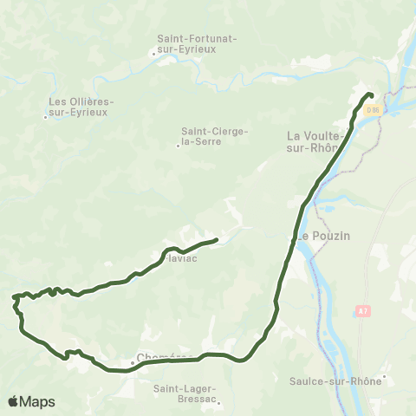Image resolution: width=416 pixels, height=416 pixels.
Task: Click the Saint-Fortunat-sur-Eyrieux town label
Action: point(198,44)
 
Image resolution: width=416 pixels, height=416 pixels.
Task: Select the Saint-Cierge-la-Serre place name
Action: point(215,136)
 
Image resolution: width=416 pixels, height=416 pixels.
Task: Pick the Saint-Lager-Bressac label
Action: point(185,393)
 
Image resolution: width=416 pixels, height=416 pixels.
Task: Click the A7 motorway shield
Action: point(362,309)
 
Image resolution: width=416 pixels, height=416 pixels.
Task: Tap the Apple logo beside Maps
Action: point(14,401)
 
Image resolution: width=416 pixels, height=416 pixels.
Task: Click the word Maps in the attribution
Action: point(39,401)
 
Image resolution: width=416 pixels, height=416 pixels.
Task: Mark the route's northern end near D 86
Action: point(370,94)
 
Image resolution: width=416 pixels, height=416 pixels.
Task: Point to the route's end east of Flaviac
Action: point(215,239)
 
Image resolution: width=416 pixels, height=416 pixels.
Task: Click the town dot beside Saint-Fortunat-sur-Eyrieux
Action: point(154,54)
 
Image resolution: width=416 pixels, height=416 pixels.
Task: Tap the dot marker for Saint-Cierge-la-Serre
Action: point(178,146)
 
